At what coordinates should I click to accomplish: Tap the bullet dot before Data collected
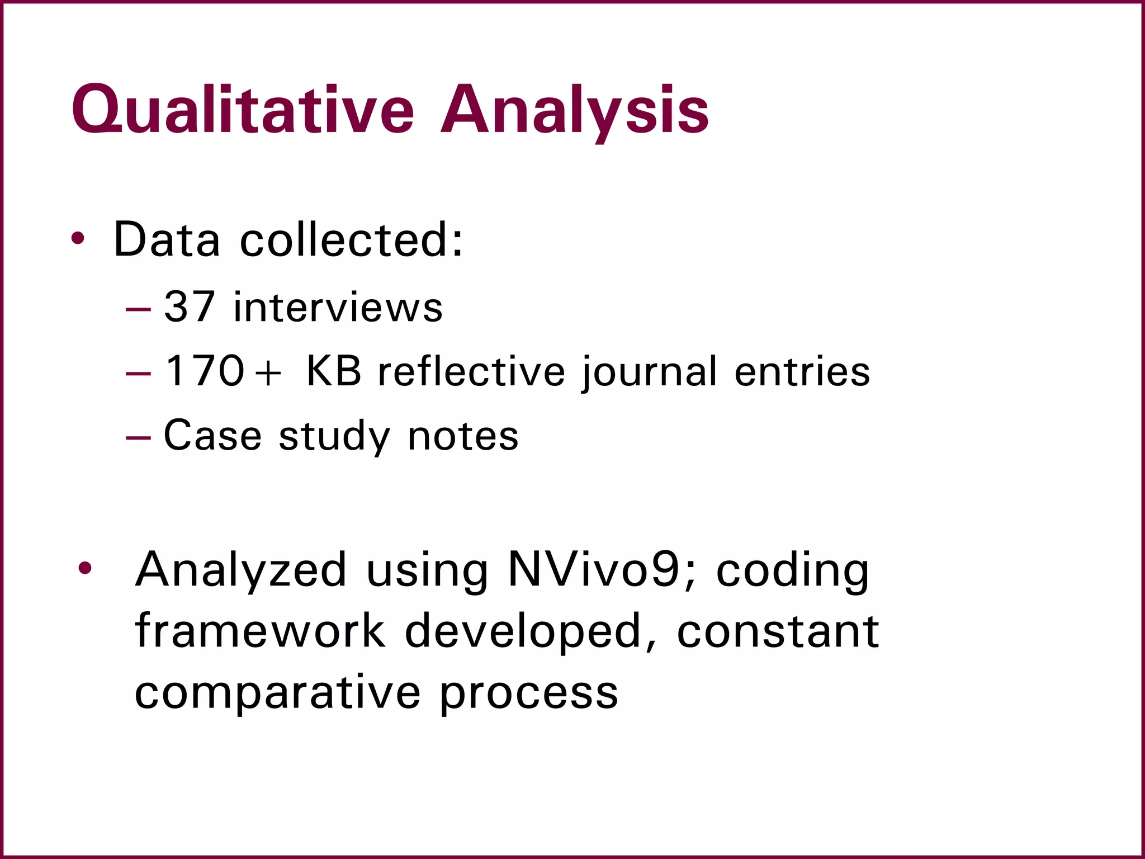(x=78, y=239)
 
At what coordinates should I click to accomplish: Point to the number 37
(x=190, y=307)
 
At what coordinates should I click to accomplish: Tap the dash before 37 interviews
(x=138, y=309)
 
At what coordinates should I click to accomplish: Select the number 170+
(x=223, y=371)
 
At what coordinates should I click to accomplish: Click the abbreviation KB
(x=334, y=371)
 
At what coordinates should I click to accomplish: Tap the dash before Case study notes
(x=138, y=437)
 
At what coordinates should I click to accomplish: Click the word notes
(x=463, y=436)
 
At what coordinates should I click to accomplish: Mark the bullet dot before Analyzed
(x=85, y=569)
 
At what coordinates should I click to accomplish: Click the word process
(x=528, y=694)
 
